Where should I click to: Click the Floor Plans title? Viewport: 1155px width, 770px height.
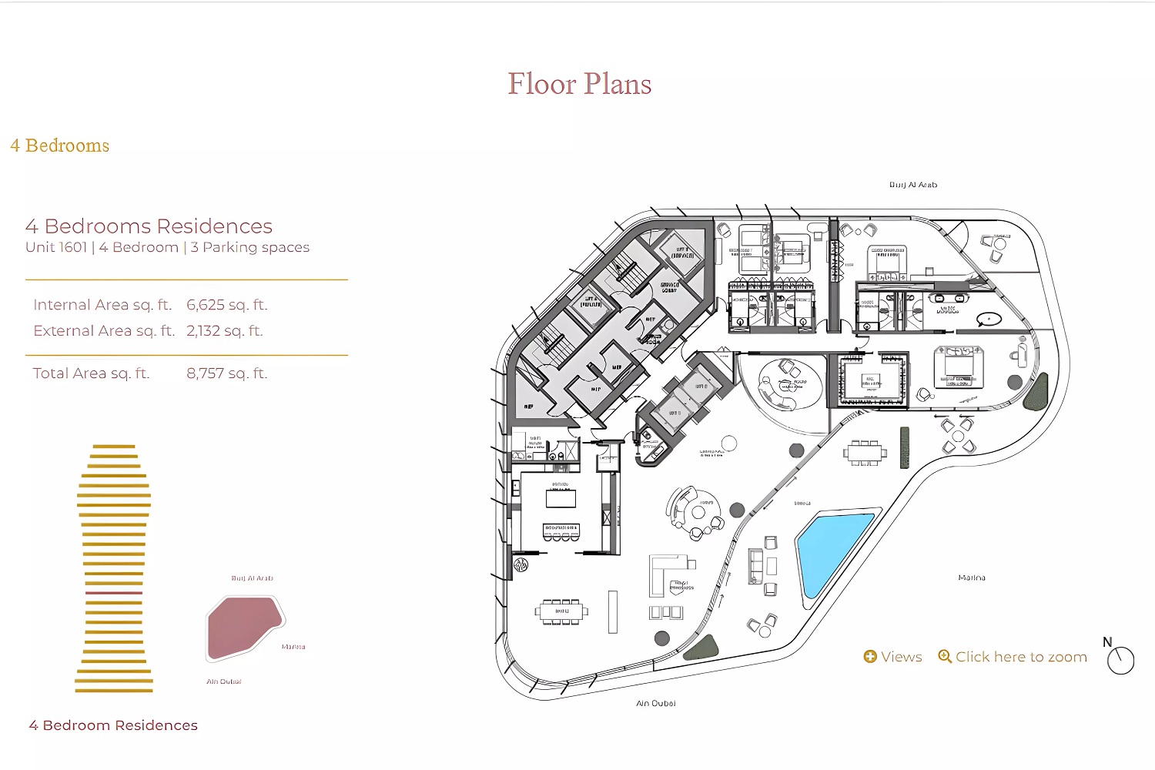[x=579, y=84]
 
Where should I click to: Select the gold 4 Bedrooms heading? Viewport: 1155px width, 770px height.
[x=60, y=146]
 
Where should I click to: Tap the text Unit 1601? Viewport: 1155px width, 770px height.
[x=56, y=247]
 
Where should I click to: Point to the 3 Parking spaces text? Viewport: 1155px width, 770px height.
[x=250, y=247]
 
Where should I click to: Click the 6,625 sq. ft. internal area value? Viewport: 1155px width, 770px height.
[x=227, y=305]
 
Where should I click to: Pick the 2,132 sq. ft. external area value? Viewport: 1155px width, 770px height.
[x=225, y=331]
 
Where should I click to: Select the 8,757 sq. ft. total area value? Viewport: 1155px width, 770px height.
[x=227, y=373]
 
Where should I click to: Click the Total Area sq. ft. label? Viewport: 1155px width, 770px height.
[x=91, y=373]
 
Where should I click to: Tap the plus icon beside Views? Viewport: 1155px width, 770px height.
[x=870, y=657]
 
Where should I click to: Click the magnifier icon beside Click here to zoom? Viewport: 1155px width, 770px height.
[x=945, y=657]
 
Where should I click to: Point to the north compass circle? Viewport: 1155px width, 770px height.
[x=1120, y=661]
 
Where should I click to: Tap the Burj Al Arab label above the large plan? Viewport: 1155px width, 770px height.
[x=913, y=185]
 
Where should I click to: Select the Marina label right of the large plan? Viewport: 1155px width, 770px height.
[x=972, y=577]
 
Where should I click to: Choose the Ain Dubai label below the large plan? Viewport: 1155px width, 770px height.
[x=656, y=703]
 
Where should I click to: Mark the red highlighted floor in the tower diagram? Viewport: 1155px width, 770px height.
[x=114, y=593]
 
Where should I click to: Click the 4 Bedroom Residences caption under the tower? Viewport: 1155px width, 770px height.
[x=113, y=725]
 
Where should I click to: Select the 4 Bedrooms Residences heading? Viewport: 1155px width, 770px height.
[x=149, y=226]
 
